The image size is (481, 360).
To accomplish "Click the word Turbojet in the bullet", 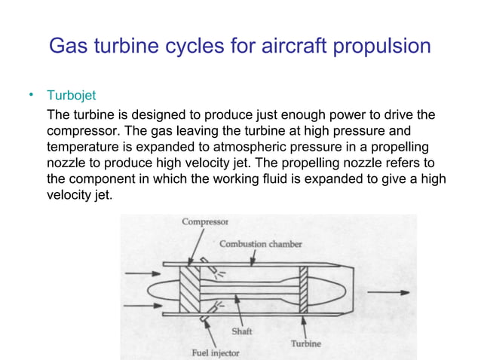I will (72, 96).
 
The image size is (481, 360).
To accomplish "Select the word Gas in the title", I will (68, 47).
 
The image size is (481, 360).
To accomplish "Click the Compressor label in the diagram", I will (206, 222).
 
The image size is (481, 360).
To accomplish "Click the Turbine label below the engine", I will (305, 343).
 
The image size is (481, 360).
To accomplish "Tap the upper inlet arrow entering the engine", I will (141, 273).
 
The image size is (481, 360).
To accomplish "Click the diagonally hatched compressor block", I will (189, 291).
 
